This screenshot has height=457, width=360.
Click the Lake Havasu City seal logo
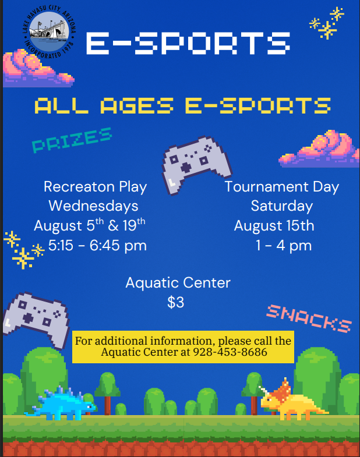click(49, 31)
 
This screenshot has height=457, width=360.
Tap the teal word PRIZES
click(72, 140)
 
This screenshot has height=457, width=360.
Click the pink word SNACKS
click(309, 318)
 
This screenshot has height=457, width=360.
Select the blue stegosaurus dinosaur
click(61, 403)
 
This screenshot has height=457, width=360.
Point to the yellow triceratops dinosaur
click(292, 400)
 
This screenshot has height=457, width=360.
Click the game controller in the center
click(196, 164)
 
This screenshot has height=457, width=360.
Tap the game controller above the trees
click(37, 320)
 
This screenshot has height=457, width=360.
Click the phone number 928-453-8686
click(230, 352)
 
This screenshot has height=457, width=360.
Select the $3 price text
click(175, 302)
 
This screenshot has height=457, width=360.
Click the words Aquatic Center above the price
click(178, 283)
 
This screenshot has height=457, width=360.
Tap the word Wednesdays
click(93, 206)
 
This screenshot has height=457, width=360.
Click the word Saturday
click(282, 206)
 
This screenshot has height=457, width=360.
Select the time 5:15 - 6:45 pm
click(97, 246)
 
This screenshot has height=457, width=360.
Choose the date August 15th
click(274, 226)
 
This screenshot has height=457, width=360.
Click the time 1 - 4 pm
click(284, 246)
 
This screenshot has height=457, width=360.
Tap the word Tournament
click(267, 186)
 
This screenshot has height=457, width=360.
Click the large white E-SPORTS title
click(188, 43)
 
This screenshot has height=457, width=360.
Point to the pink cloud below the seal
click(38, 69)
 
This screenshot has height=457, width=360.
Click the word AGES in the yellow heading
click(137, 105)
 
